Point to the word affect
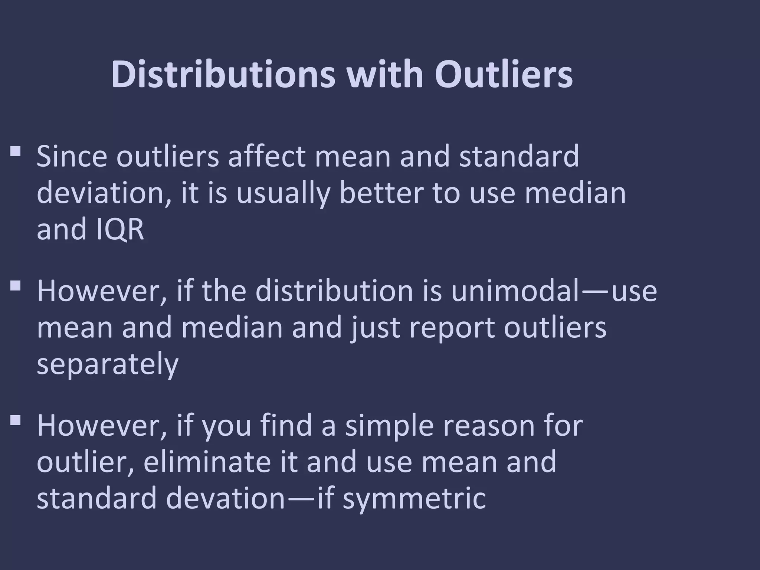[x=267, y=156]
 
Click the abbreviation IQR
[x=119, y=229]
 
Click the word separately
[x=108, y=365]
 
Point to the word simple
[x=389, y=426]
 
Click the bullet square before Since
[x=15, y=151]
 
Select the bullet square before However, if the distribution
[x=15, y=286]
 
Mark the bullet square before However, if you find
[x=15, y=420]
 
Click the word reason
[x=489, y=426]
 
